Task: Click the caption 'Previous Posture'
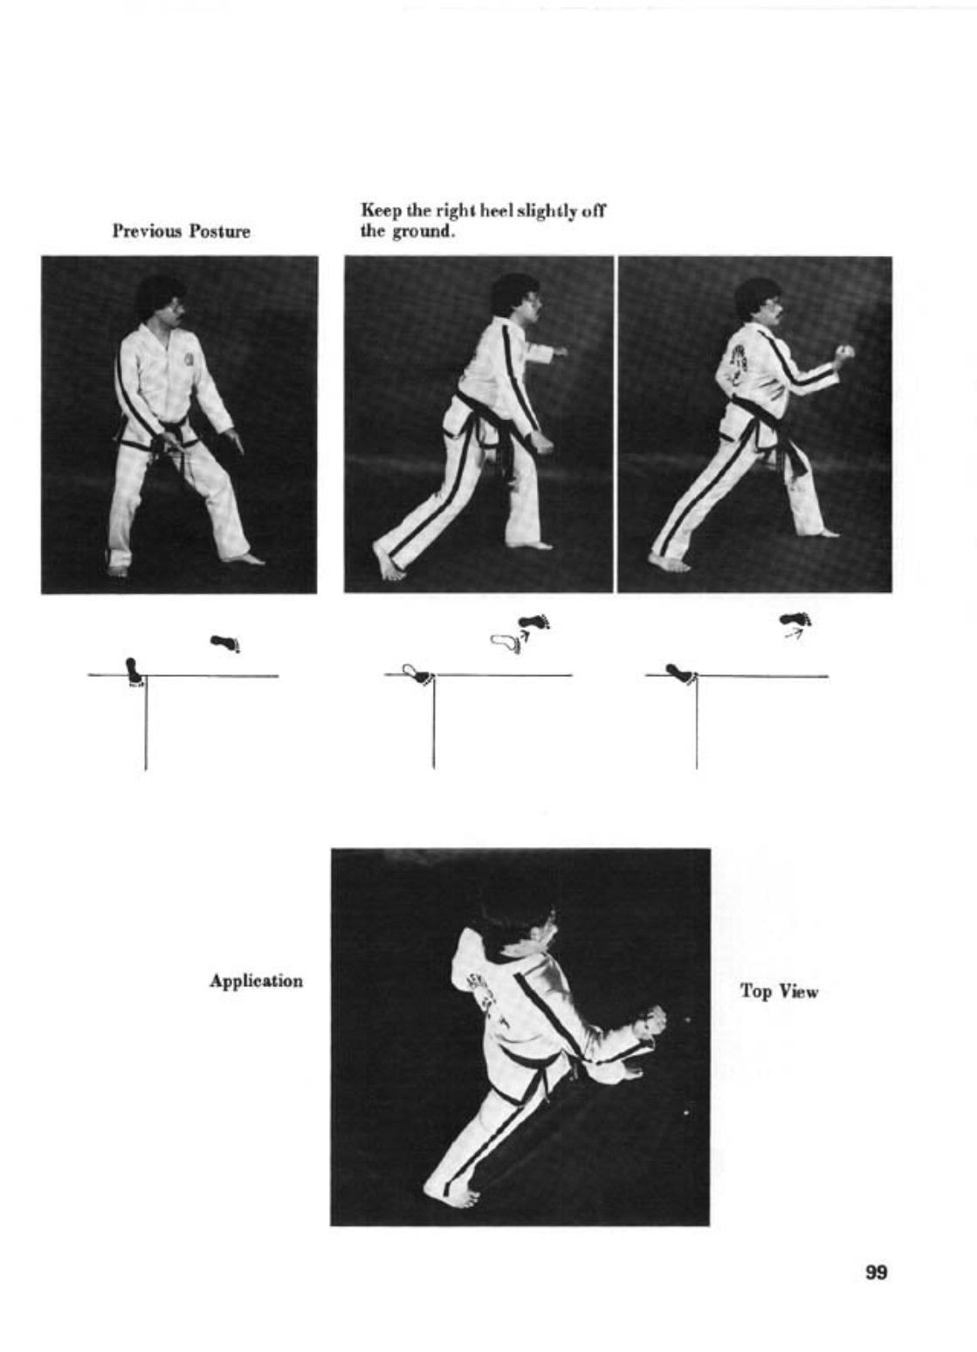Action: point(181,231)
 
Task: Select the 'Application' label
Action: point(256,982)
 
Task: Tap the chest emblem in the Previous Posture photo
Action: point(189,358)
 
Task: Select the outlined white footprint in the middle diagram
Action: point(506,644)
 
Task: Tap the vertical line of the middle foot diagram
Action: point(433,722)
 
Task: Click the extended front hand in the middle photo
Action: point(560,351)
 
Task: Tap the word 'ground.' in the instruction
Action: point(423,231)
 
